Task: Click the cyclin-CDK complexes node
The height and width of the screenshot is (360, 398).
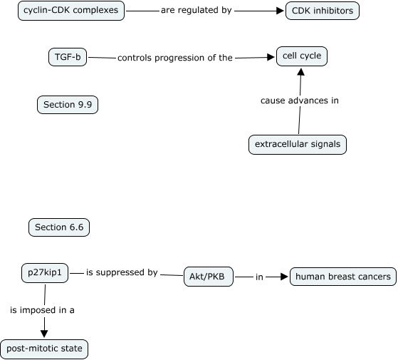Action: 71,11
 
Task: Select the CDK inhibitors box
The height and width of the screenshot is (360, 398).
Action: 323,11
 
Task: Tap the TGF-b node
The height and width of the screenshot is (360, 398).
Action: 68,57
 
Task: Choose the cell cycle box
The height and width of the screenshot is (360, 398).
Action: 302,56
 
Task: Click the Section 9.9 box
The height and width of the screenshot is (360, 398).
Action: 68,105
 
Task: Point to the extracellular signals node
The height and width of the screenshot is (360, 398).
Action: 298,145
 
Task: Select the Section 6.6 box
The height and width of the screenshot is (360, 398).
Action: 59,227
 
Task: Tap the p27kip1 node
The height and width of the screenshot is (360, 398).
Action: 45,273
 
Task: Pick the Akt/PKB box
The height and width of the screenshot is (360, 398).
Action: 209,277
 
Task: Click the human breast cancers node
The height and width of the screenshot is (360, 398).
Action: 343,277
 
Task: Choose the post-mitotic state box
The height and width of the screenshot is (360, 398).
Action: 44,349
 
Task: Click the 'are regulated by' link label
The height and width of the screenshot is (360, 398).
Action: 197,10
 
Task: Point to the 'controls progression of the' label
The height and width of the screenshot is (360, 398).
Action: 175,58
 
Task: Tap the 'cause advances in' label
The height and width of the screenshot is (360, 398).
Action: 300,101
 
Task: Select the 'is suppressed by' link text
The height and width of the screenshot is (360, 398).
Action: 122,272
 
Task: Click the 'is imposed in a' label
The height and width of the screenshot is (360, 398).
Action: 42,310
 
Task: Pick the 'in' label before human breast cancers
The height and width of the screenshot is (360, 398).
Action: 259,277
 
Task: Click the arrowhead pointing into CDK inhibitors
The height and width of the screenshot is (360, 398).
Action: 280,11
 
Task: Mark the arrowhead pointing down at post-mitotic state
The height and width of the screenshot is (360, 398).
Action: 44,334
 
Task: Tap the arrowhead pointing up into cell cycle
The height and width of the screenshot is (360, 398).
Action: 300,72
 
